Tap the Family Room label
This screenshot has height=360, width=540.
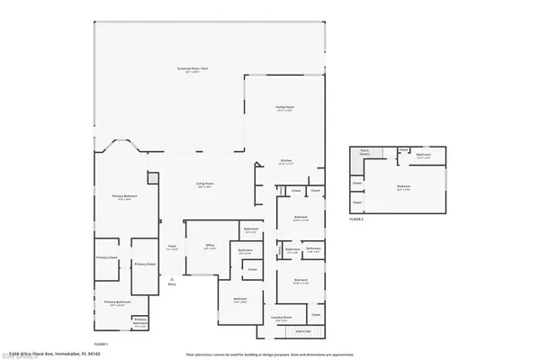pyautogui.click(x=286, y=107)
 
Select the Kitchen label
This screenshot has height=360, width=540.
pyautogui.click(x=286, y=163)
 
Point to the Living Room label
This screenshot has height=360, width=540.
pyautogui.click(x=205, y=185)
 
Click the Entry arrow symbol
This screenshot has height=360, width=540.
pyautogui.click(x=172, y=281)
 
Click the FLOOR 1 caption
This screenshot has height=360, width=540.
pyautogui.click(x=101, y=344)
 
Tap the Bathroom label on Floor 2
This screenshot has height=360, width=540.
pyautogui.click(x=424, y=155)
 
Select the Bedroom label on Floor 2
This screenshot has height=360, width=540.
pyautogui.click(x=403, y=187)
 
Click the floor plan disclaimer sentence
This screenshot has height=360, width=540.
pyautogui.click(x=270, y=354)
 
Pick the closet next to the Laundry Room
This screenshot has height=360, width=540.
pyautogui.click(x=315, y=315)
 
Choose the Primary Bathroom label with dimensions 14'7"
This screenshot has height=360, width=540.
pyautogui.click(x=117, y=302)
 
